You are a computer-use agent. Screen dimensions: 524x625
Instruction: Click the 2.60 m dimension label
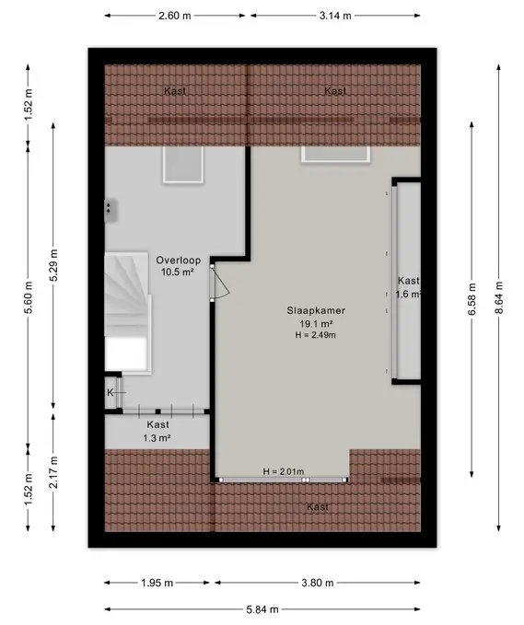(175, 16)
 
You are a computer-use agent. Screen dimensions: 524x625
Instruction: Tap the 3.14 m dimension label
(335, 16)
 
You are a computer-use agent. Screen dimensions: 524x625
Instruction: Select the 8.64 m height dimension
(499, 297)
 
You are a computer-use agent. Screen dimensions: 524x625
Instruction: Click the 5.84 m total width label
(262, 609)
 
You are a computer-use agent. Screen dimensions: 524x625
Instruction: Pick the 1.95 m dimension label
(157, 584)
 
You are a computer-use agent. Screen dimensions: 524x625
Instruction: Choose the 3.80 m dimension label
(318, 584)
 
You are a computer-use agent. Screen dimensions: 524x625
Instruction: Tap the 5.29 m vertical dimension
(53, 265)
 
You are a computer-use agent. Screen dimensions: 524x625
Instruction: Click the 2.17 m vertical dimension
(53, 472)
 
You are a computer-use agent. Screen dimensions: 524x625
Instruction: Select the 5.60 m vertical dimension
(29, 297)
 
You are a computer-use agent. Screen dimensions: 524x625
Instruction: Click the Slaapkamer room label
(316, 310)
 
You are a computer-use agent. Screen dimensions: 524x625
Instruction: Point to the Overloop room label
(179, 260)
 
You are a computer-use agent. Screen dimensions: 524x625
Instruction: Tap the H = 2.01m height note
(283, 472)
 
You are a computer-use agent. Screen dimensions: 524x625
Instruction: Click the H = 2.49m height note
(316, 335)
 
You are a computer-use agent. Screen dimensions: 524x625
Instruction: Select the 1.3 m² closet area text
(157, 438)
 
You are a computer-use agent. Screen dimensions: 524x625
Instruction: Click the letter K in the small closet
(111, 393)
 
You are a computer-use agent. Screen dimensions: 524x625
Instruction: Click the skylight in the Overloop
(183, 165)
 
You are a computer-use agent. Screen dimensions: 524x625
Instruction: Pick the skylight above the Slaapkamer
(335, 155)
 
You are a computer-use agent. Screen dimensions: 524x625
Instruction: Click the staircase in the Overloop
(128, 312)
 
